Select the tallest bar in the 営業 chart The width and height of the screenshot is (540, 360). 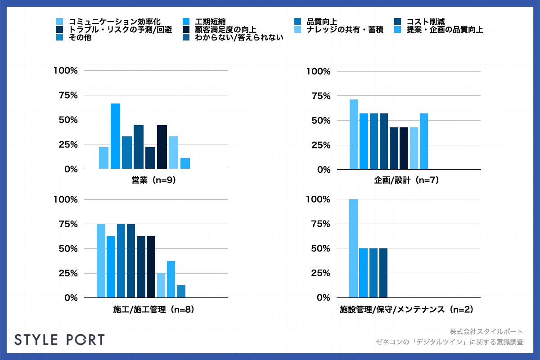click(x=116, y=136)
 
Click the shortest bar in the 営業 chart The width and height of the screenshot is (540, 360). click(x=185, y=163)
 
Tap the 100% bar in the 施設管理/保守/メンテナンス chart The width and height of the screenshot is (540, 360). click(x=354, y=248)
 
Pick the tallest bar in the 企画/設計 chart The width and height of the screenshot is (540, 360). click(x=354, y=135)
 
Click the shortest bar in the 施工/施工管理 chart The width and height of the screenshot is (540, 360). click(x=180, y=292)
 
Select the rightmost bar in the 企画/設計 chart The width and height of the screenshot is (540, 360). click(x=423, y=141)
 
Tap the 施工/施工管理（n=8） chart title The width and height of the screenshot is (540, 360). click(x=154, y=310)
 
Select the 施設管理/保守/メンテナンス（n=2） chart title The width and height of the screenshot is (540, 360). click(x=406, y=310)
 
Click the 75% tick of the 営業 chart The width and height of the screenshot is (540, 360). click(x=66, y=95)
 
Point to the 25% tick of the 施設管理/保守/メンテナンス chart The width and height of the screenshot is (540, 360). click(x=319, y=273)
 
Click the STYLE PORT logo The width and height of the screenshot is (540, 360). click(x=59, y=339)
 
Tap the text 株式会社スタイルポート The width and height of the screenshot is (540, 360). click(x=486, y=332)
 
